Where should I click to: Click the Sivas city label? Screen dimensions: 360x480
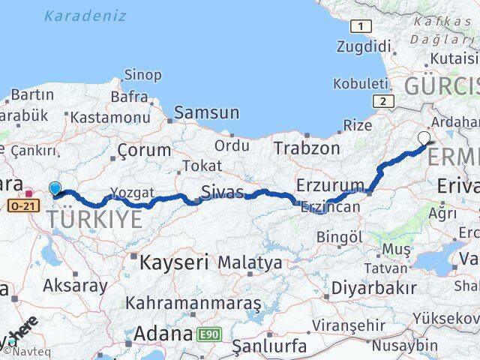[x=223, y=192]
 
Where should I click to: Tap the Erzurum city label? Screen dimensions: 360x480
[x=330, y=184]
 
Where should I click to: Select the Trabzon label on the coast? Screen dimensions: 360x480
[x=306, y=148]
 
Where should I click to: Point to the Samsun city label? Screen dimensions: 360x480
[x=206, y=113]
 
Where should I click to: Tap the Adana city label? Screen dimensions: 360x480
[x=163, y=333]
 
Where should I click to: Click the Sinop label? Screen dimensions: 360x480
[x=142, y=74]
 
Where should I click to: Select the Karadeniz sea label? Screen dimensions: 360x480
[x=76, y=14]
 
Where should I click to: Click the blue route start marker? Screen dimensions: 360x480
[x=55, y=189]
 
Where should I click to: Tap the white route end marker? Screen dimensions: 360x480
[x=424, y=138]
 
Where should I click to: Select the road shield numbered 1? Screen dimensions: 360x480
[x=361, y=26]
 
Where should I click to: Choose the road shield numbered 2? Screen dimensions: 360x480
[x=383, y=101]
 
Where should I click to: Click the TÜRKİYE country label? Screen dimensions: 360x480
[x=94, y=219]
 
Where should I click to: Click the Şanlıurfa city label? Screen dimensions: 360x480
[x=269, y=346]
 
